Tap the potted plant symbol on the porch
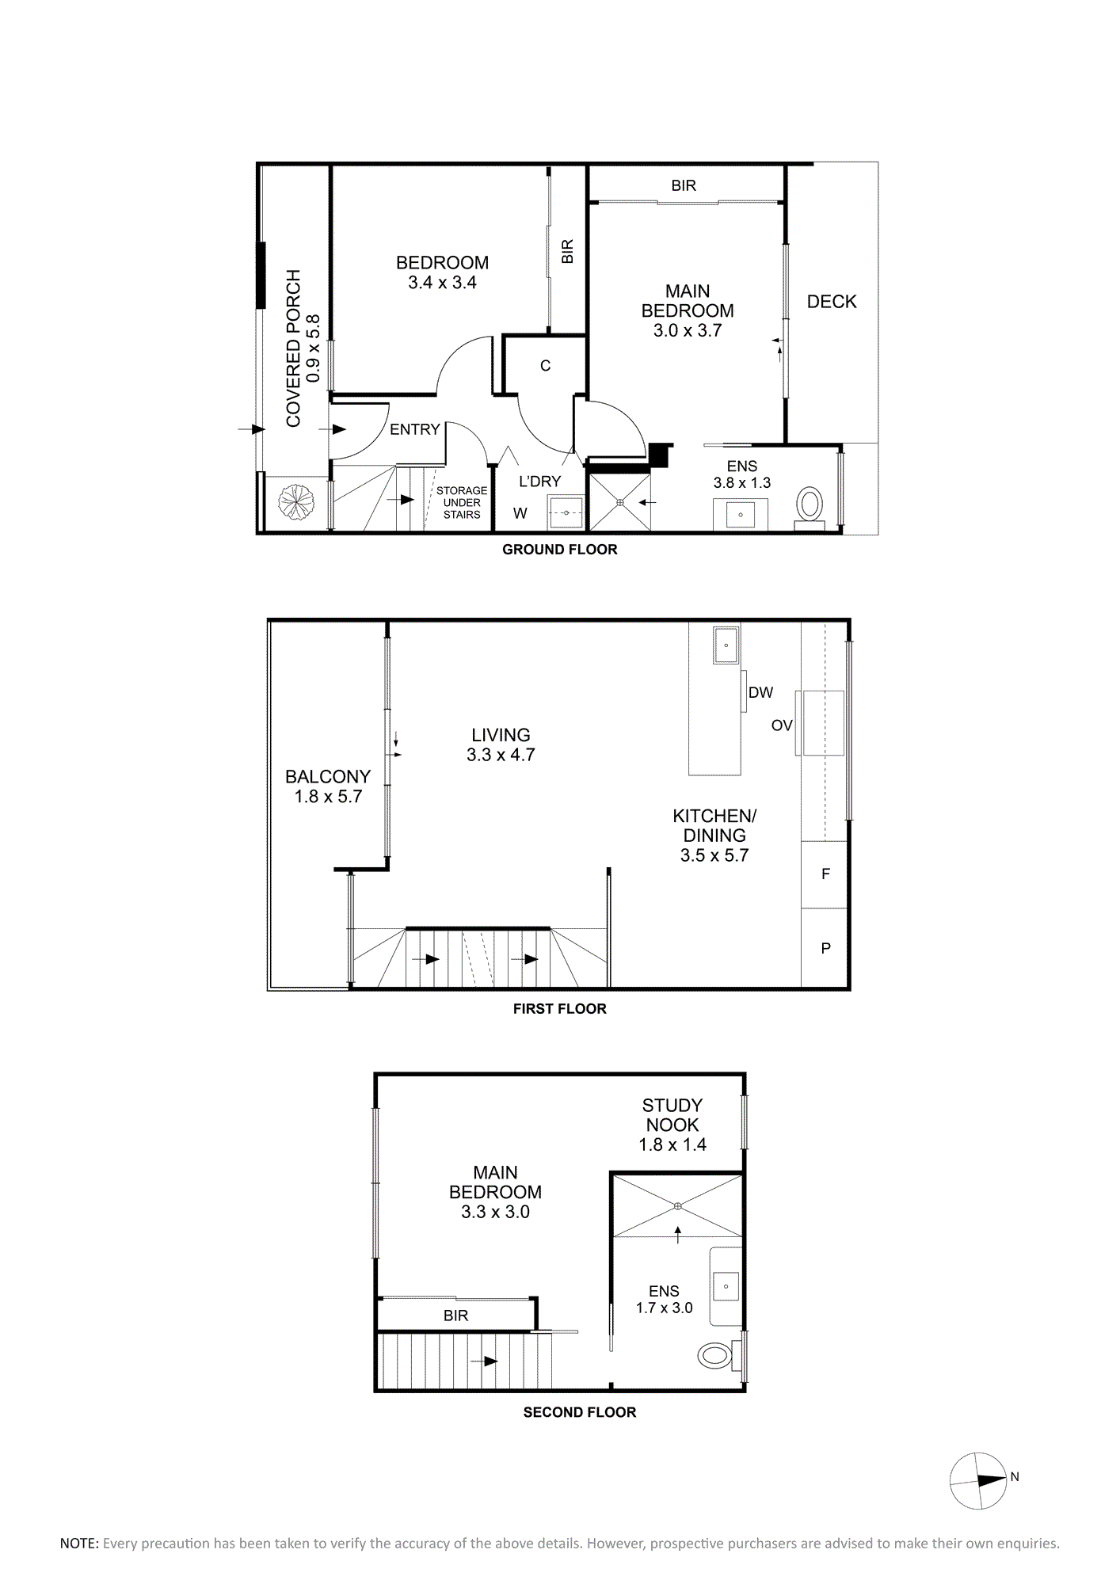tap(296, 501)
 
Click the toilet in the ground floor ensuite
tap(810, 505)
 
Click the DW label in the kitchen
tap(760, 693)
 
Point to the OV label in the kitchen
tap(782, 725)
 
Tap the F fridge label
tap(825, 874)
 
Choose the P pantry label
tap(825, 948)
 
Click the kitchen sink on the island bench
tap(726, 645)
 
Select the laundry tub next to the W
tap(566, 512)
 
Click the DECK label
tap(832, 302)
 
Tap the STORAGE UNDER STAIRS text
tap(462, 503)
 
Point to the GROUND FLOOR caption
tap(560, 550)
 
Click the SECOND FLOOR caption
tap(580, 1412)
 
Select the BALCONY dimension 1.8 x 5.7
tap(328, 797)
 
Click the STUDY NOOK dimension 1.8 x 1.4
tap(672, 1144)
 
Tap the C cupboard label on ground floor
tap(545, 366)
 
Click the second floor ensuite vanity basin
tap(726, 1286)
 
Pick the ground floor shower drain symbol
tap(620, 502)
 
